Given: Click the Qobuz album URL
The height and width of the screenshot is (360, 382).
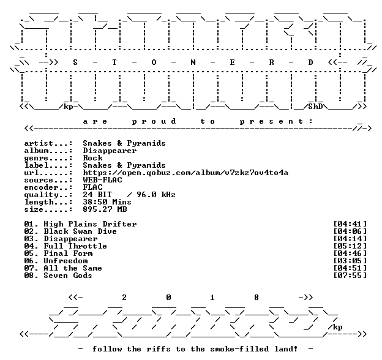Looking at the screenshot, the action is point(185,173).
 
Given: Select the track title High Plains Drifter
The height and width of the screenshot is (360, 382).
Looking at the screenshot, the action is point(90,224).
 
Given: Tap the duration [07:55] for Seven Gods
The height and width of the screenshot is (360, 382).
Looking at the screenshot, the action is point(350,276).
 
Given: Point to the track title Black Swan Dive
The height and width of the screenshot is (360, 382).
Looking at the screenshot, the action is point(80,231).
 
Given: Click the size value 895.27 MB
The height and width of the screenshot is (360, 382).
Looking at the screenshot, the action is point(105,209).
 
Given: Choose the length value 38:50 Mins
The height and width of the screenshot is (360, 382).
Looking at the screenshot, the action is point(107,202).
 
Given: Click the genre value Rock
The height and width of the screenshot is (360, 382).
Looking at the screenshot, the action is point(92,158).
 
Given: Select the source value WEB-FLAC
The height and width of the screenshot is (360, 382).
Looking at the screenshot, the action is point(103,180).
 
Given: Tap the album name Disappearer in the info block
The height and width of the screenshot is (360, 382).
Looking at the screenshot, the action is point(110,151).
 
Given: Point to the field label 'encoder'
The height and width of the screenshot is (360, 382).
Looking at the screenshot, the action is point(41,187).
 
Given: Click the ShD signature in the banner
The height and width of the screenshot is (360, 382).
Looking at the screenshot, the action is point(315,107).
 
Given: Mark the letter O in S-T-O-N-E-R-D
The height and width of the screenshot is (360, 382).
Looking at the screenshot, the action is point(154,62).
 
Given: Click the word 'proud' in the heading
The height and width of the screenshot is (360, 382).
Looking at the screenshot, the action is point(154,121).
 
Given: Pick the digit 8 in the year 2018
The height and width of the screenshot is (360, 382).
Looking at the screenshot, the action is point(257,298).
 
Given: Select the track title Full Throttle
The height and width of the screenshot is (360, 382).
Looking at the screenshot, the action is point(75,246).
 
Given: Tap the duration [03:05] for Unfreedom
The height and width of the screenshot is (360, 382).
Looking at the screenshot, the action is point(350,261).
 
